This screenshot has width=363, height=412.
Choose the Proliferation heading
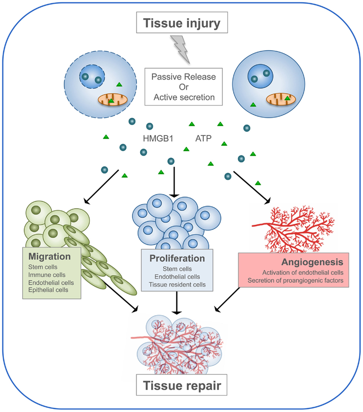tap(177, 259)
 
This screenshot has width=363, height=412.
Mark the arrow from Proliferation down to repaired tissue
tap(177, 304)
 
